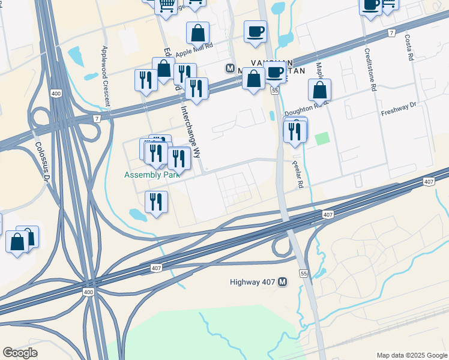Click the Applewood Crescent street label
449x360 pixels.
click(x=106, y=76)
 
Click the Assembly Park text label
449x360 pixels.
click(x=152, y=175)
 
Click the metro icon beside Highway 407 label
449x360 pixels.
click(x=283, y=281)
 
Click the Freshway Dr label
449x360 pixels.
click(x=399, y=109)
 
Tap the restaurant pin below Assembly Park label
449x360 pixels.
click(x=156, y=202)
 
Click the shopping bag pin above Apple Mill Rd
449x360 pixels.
click(x=197, y=32)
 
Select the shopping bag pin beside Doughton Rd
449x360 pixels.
click(x=320, y=90)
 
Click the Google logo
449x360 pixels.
click(x=20, y=353)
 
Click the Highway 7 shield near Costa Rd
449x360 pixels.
click(x=391, y=32)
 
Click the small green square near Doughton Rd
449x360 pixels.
click(x=322, y=138)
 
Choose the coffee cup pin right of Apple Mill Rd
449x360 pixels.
click(x=255, y=31)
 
